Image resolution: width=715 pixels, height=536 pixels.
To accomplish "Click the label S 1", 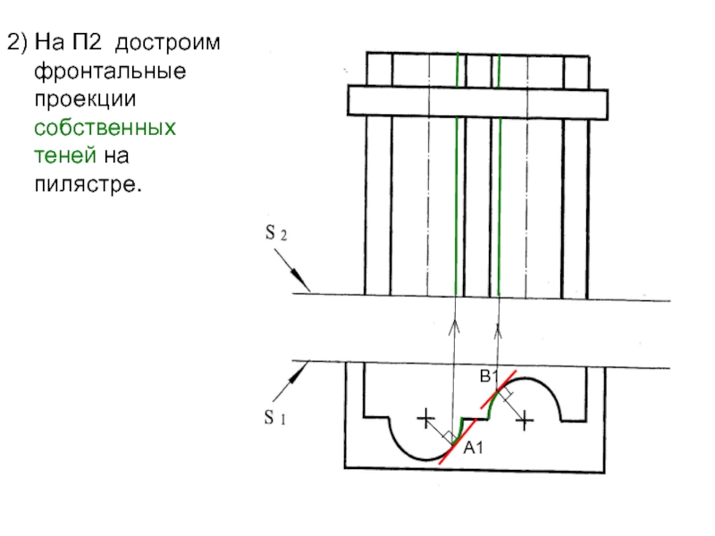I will point(273,417).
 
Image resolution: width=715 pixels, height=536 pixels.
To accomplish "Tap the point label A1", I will point(473,448).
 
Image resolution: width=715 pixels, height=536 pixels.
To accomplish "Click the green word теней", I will point(65,157).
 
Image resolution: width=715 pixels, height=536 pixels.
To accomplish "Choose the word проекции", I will point(78,99).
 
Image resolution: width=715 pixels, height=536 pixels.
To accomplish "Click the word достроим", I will point(171,41).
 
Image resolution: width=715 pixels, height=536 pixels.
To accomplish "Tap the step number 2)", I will point(18,41).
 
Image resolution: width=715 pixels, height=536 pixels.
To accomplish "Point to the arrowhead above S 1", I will point(305,367).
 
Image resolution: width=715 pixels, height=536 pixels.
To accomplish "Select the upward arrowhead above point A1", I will point(455,326).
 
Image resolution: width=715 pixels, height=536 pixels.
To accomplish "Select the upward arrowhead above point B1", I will point(498,331).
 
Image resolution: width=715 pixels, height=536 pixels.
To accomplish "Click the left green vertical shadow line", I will point(458,179).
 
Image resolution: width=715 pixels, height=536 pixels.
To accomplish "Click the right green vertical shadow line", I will point(499,179).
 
